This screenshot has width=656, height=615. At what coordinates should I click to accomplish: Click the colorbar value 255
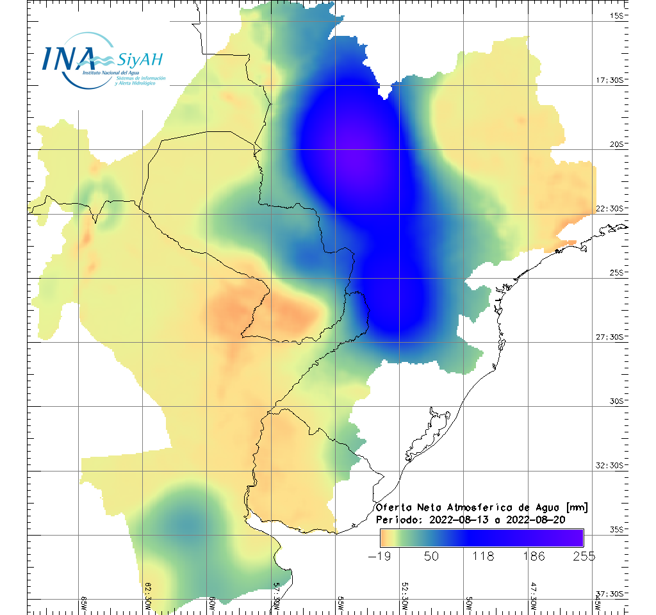(584, 556)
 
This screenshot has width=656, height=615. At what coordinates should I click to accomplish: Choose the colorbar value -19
(381, 556)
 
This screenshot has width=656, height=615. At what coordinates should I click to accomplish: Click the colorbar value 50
(431, 556)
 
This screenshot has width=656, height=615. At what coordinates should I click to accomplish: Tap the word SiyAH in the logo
(140, 60)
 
